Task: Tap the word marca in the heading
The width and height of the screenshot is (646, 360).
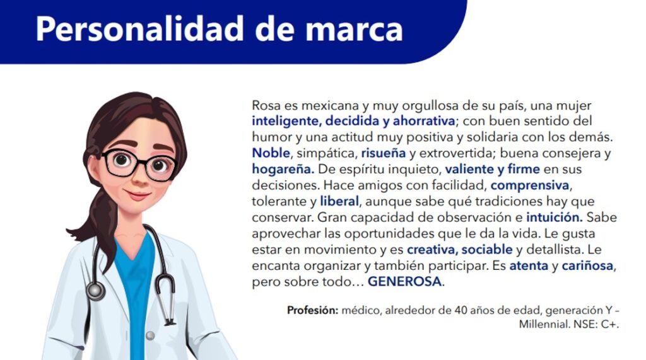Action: pos(354,30)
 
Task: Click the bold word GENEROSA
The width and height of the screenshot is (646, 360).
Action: pos(404,282)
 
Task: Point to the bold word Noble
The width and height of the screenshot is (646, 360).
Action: pos(271,153)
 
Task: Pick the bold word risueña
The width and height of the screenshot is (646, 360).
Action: pos(384,153)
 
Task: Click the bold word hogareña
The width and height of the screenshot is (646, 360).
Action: pos(283,170)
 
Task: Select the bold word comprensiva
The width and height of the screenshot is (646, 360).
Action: pos(530,185)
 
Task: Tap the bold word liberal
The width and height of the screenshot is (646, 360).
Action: pos(339,201)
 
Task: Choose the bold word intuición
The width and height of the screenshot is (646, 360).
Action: pos(554,217)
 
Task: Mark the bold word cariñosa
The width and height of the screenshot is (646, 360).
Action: pos(587,265)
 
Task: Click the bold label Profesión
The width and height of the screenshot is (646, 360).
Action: pos(313,310)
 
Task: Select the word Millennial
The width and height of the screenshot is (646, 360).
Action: pos(544,325)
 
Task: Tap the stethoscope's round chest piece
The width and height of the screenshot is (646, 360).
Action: pos(96,291)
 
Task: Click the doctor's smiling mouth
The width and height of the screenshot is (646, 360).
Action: pos(137,194)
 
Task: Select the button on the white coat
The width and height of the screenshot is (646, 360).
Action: pos(151,336)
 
